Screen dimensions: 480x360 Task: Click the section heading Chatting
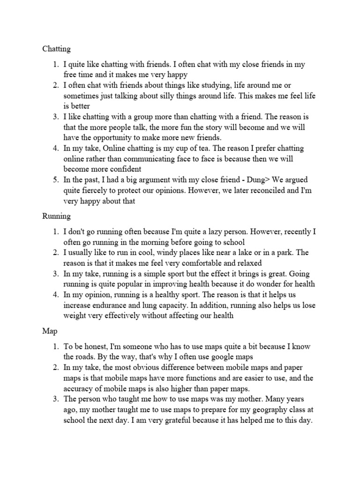56,49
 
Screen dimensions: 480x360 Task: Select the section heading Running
56,217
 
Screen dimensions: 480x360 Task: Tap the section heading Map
50,331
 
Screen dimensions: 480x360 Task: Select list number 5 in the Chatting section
55,180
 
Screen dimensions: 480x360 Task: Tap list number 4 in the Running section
55,295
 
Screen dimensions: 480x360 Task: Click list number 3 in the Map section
55,399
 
